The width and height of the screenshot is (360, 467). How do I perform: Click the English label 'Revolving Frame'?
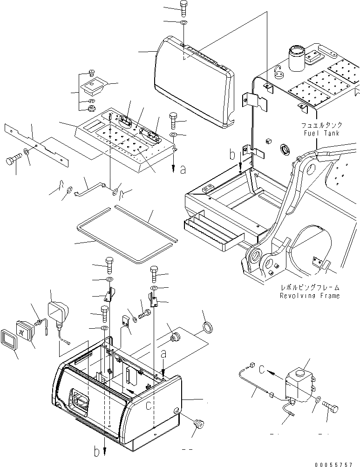[x=310, y=296]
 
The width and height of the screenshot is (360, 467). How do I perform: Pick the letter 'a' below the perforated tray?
[x=183, y=170]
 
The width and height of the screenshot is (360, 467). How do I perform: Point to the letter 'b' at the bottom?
[x=96, y=451]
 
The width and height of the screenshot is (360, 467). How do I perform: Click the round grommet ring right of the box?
[x=207, y=327]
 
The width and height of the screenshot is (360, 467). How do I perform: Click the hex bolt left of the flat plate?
[x=13, y=161]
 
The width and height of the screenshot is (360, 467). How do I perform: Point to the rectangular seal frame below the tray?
[x=126, y=228]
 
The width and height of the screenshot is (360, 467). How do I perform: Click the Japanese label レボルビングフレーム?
[x=310, y=288]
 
